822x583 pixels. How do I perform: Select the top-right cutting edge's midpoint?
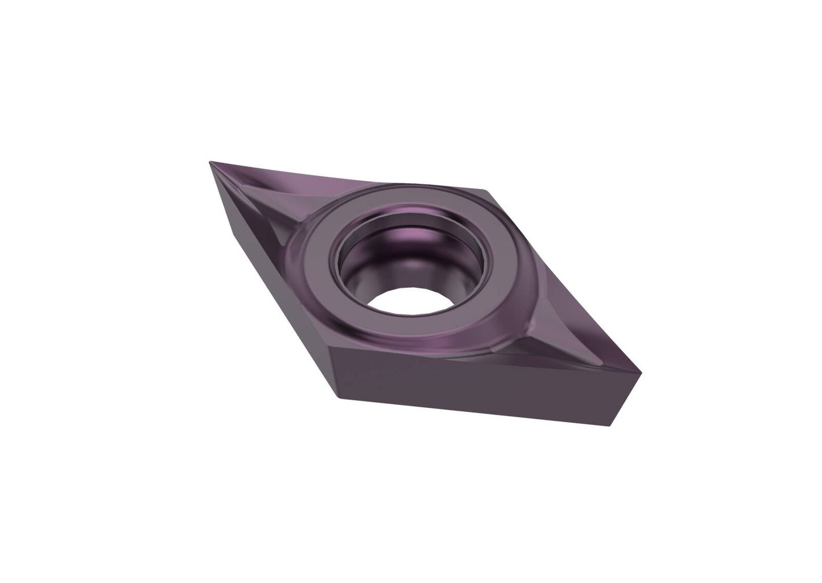pos(563,282)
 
